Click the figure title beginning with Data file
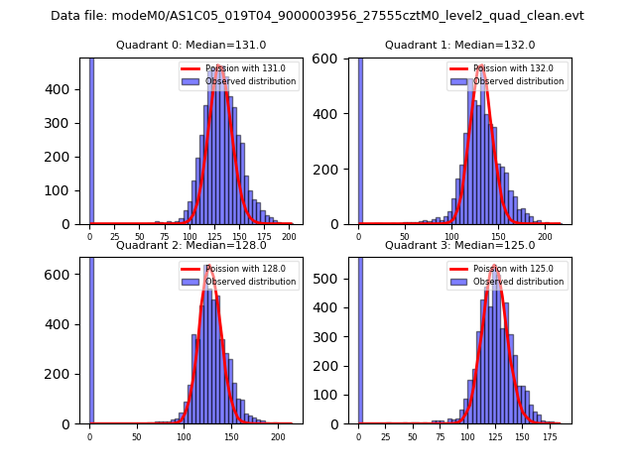coord(317,16)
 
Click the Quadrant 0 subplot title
coord(190,45)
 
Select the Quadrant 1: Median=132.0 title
coord(459,45)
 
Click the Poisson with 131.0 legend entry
coord(237,68)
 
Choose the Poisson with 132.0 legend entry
coord(506,68)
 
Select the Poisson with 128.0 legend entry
coord(237,269)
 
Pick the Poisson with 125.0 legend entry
coord(506,269)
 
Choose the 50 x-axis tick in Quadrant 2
coord(137,436)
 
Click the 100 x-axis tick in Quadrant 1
coord(451,236)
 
